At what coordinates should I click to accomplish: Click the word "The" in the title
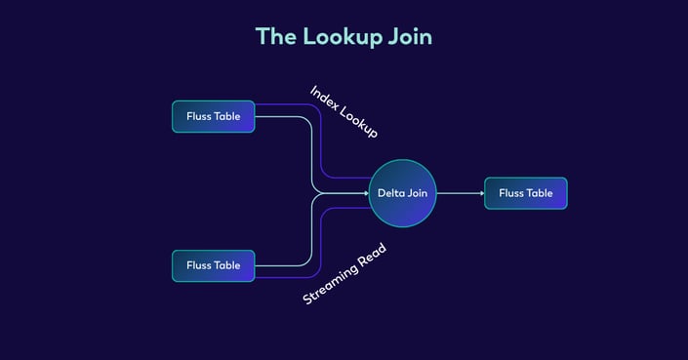(x=275, y=36)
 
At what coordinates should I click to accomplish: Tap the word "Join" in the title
(x=409, y=37)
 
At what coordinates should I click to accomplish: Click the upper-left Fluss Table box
(x=213, y=117)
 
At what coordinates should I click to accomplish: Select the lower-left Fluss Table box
(x=213, y=265)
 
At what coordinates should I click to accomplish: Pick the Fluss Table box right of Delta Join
(x=525, y=193)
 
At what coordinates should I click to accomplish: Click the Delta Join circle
(x=402, y=193)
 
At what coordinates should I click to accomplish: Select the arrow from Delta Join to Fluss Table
(x=459, y=193)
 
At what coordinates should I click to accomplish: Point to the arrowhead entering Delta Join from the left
(x=363, y=193)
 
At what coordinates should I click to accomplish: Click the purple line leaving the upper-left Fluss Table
(x=293, y=103)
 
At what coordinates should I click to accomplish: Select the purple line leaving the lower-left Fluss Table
(x=293, y=276)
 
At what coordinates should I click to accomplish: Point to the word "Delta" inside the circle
(x=390, y=193)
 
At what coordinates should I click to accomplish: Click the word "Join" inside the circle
(x=416, y=193)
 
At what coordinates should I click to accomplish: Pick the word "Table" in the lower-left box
(x=227, y=265)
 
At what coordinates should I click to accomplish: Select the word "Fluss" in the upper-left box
(x=199, y=117)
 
